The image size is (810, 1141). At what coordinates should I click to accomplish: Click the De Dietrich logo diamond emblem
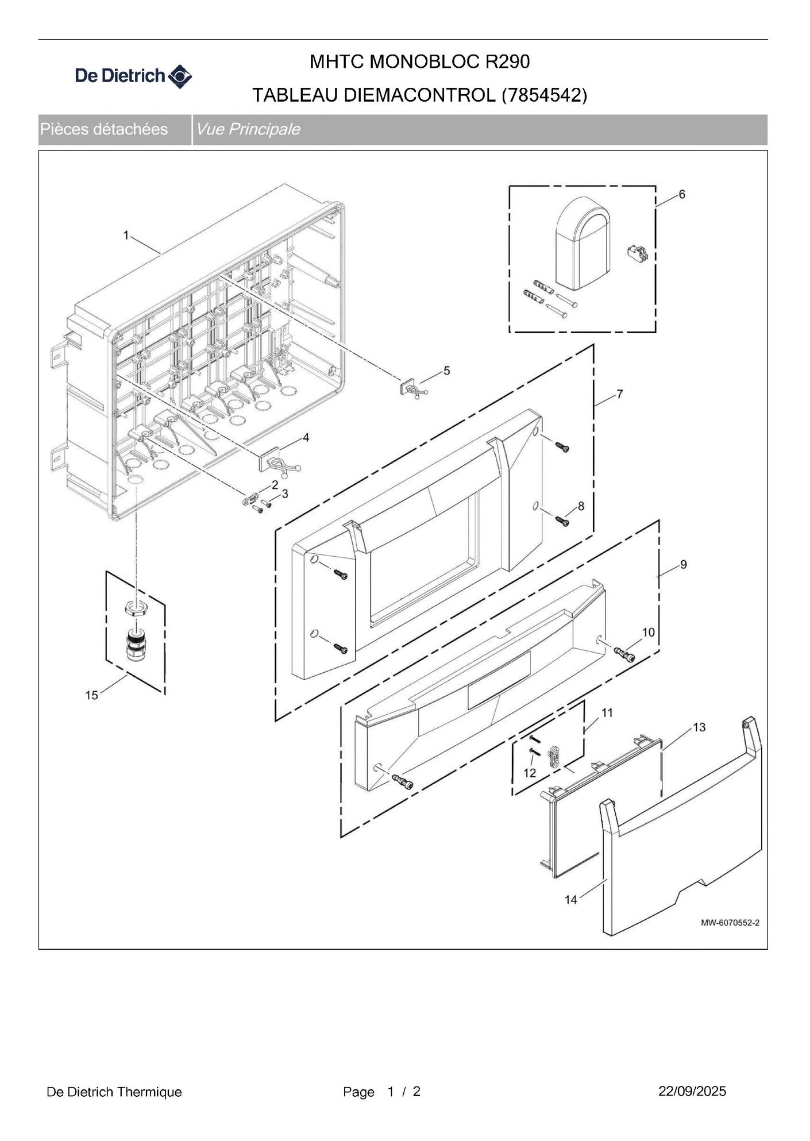(x=180, y=76)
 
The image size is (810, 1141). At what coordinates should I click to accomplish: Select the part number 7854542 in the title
(x=544, y=95)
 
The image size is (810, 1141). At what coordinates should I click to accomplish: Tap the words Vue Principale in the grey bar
(x=248, y=129)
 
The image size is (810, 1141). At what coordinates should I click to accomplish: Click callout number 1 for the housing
(x=126, y=235)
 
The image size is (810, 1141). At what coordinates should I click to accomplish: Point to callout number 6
(x=682, y=194)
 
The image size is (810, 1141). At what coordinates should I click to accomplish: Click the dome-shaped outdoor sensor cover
(x=582, y=242)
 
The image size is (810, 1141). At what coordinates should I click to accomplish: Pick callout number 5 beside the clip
(x=446, y=371)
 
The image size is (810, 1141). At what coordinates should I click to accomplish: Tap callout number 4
(x=306, y=438)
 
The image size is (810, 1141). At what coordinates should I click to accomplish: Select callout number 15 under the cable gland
(x=91, y=695)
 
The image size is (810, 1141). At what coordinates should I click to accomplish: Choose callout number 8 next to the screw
(x=581, y=506)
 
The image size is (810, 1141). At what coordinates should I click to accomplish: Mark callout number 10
(x=648, y=632)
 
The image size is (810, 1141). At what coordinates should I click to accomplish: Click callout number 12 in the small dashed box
(x=529, y=773)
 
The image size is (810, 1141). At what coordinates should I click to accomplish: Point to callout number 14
(x=570, y=899)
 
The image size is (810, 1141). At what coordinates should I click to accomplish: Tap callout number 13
(x=699, y=727)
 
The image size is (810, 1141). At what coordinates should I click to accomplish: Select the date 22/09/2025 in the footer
(x=692, y=1091)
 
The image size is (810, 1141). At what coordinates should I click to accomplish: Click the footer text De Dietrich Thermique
(x=114, y=1092)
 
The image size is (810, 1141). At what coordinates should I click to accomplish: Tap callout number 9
(x=683, y=564)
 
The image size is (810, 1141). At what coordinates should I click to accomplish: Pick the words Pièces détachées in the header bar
(x=104, y=129)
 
